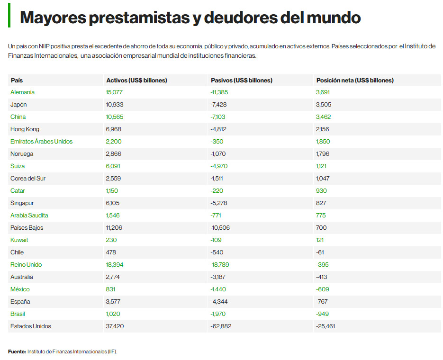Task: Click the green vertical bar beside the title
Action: [x=9, y=18]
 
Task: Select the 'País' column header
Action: [x=17, y=81]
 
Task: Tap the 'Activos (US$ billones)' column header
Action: [x=136, y=81]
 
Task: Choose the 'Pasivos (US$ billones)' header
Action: [x=241, y=81]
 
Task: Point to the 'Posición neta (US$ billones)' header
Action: [x=355, y=81]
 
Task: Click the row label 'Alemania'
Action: [x=22, y=92]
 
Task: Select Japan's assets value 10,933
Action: [x=115, y=105]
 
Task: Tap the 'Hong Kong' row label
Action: [x=25, y=129]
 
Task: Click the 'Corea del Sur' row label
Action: [x=28, y=179]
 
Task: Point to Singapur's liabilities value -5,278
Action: [x=218, y=203]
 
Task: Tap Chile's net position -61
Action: [x=320, y=252]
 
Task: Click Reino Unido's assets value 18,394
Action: [x=115, y=265]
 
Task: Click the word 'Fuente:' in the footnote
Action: [x=17, y=351]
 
